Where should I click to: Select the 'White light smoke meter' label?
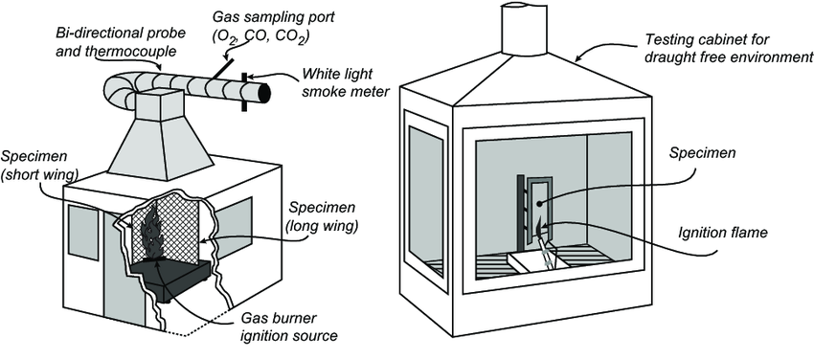click(343, 84)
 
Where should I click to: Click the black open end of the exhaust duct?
click(264, 94)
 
